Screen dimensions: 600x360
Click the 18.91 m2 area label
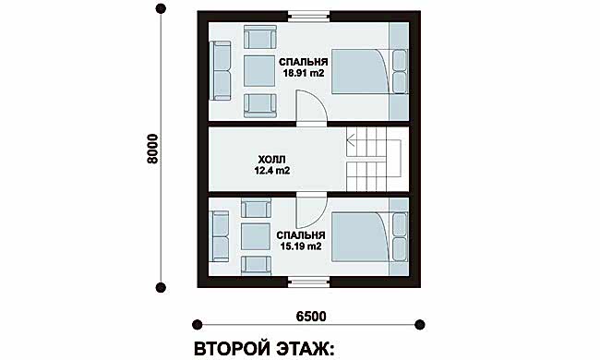(x=304, y=73)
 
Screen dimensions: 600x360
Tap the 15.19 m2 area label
(x=301, y=246)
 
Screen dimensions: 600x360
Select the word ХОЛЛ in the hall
(x=271, y=160)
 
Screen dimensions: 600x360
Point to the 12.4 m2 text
(x=272, y=171)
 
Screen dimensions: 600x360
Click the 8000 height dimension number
(x=152, y=149)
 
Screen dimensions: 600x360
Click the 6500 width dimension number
(x=311, y=317)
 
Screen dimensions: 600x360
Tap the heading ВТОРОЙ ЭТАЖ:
(x=264, y=349)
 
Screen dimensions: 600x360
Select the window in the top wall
(x=308, y=17)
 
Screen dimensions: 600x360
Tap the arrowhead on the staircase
(x=349, y=141)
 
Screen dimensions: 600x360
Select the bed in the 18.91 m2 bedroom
(x=361, y=72)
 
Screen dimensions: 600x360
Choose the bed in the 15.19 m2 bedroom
(x=361, y=237)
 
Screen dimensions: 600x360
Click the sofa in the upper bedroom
(x=220, y=71)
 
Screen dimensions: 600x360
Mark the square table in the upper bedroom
(x=259, y=71)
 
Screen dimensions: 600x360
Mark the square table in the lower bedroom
(x=257, y=237)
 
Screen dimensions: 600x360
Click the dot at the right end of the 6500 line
(x=420, y=324)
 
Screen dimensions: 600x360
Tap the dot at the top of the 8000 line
(x=162, y=9)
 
